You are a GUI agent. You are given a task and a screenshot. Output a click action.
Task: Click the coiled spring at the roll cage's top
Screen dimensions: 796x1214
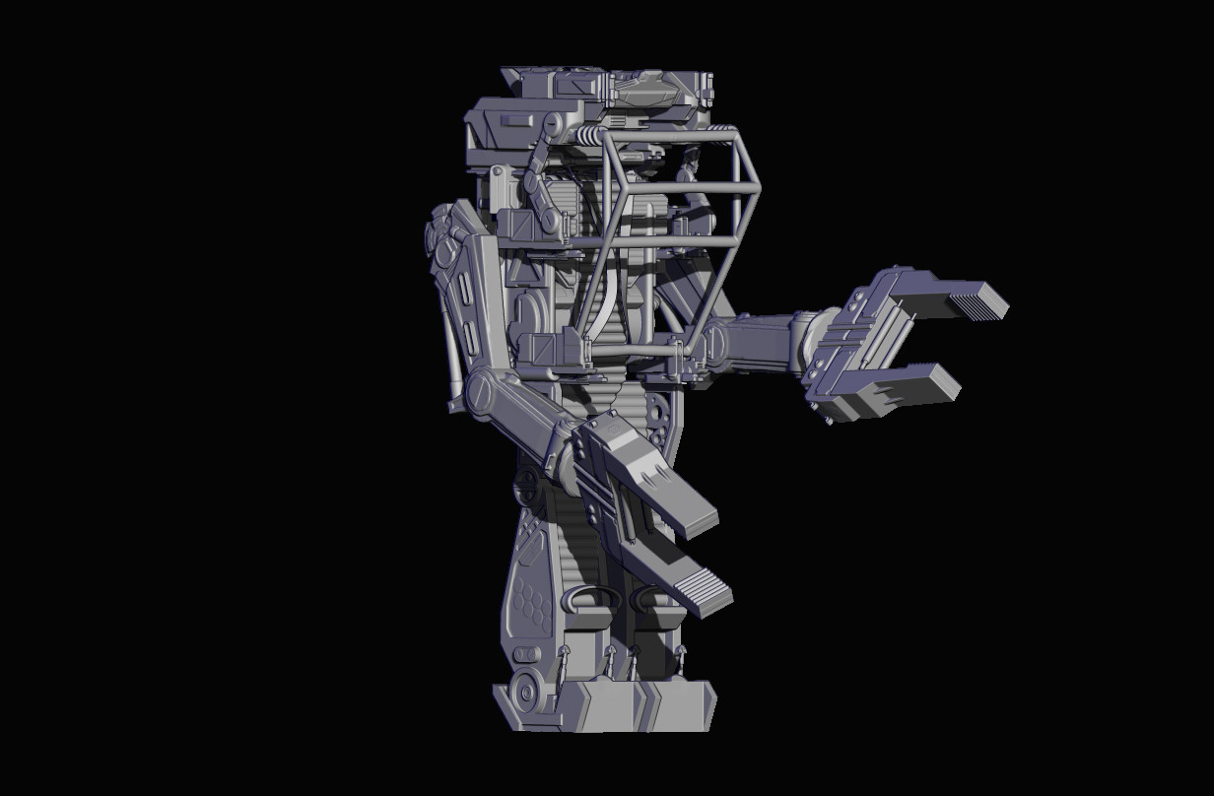[589, 136]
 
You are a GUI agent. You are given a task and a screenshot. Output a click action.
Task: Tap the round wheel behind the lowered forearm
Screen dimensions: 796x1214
[527, 483]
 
